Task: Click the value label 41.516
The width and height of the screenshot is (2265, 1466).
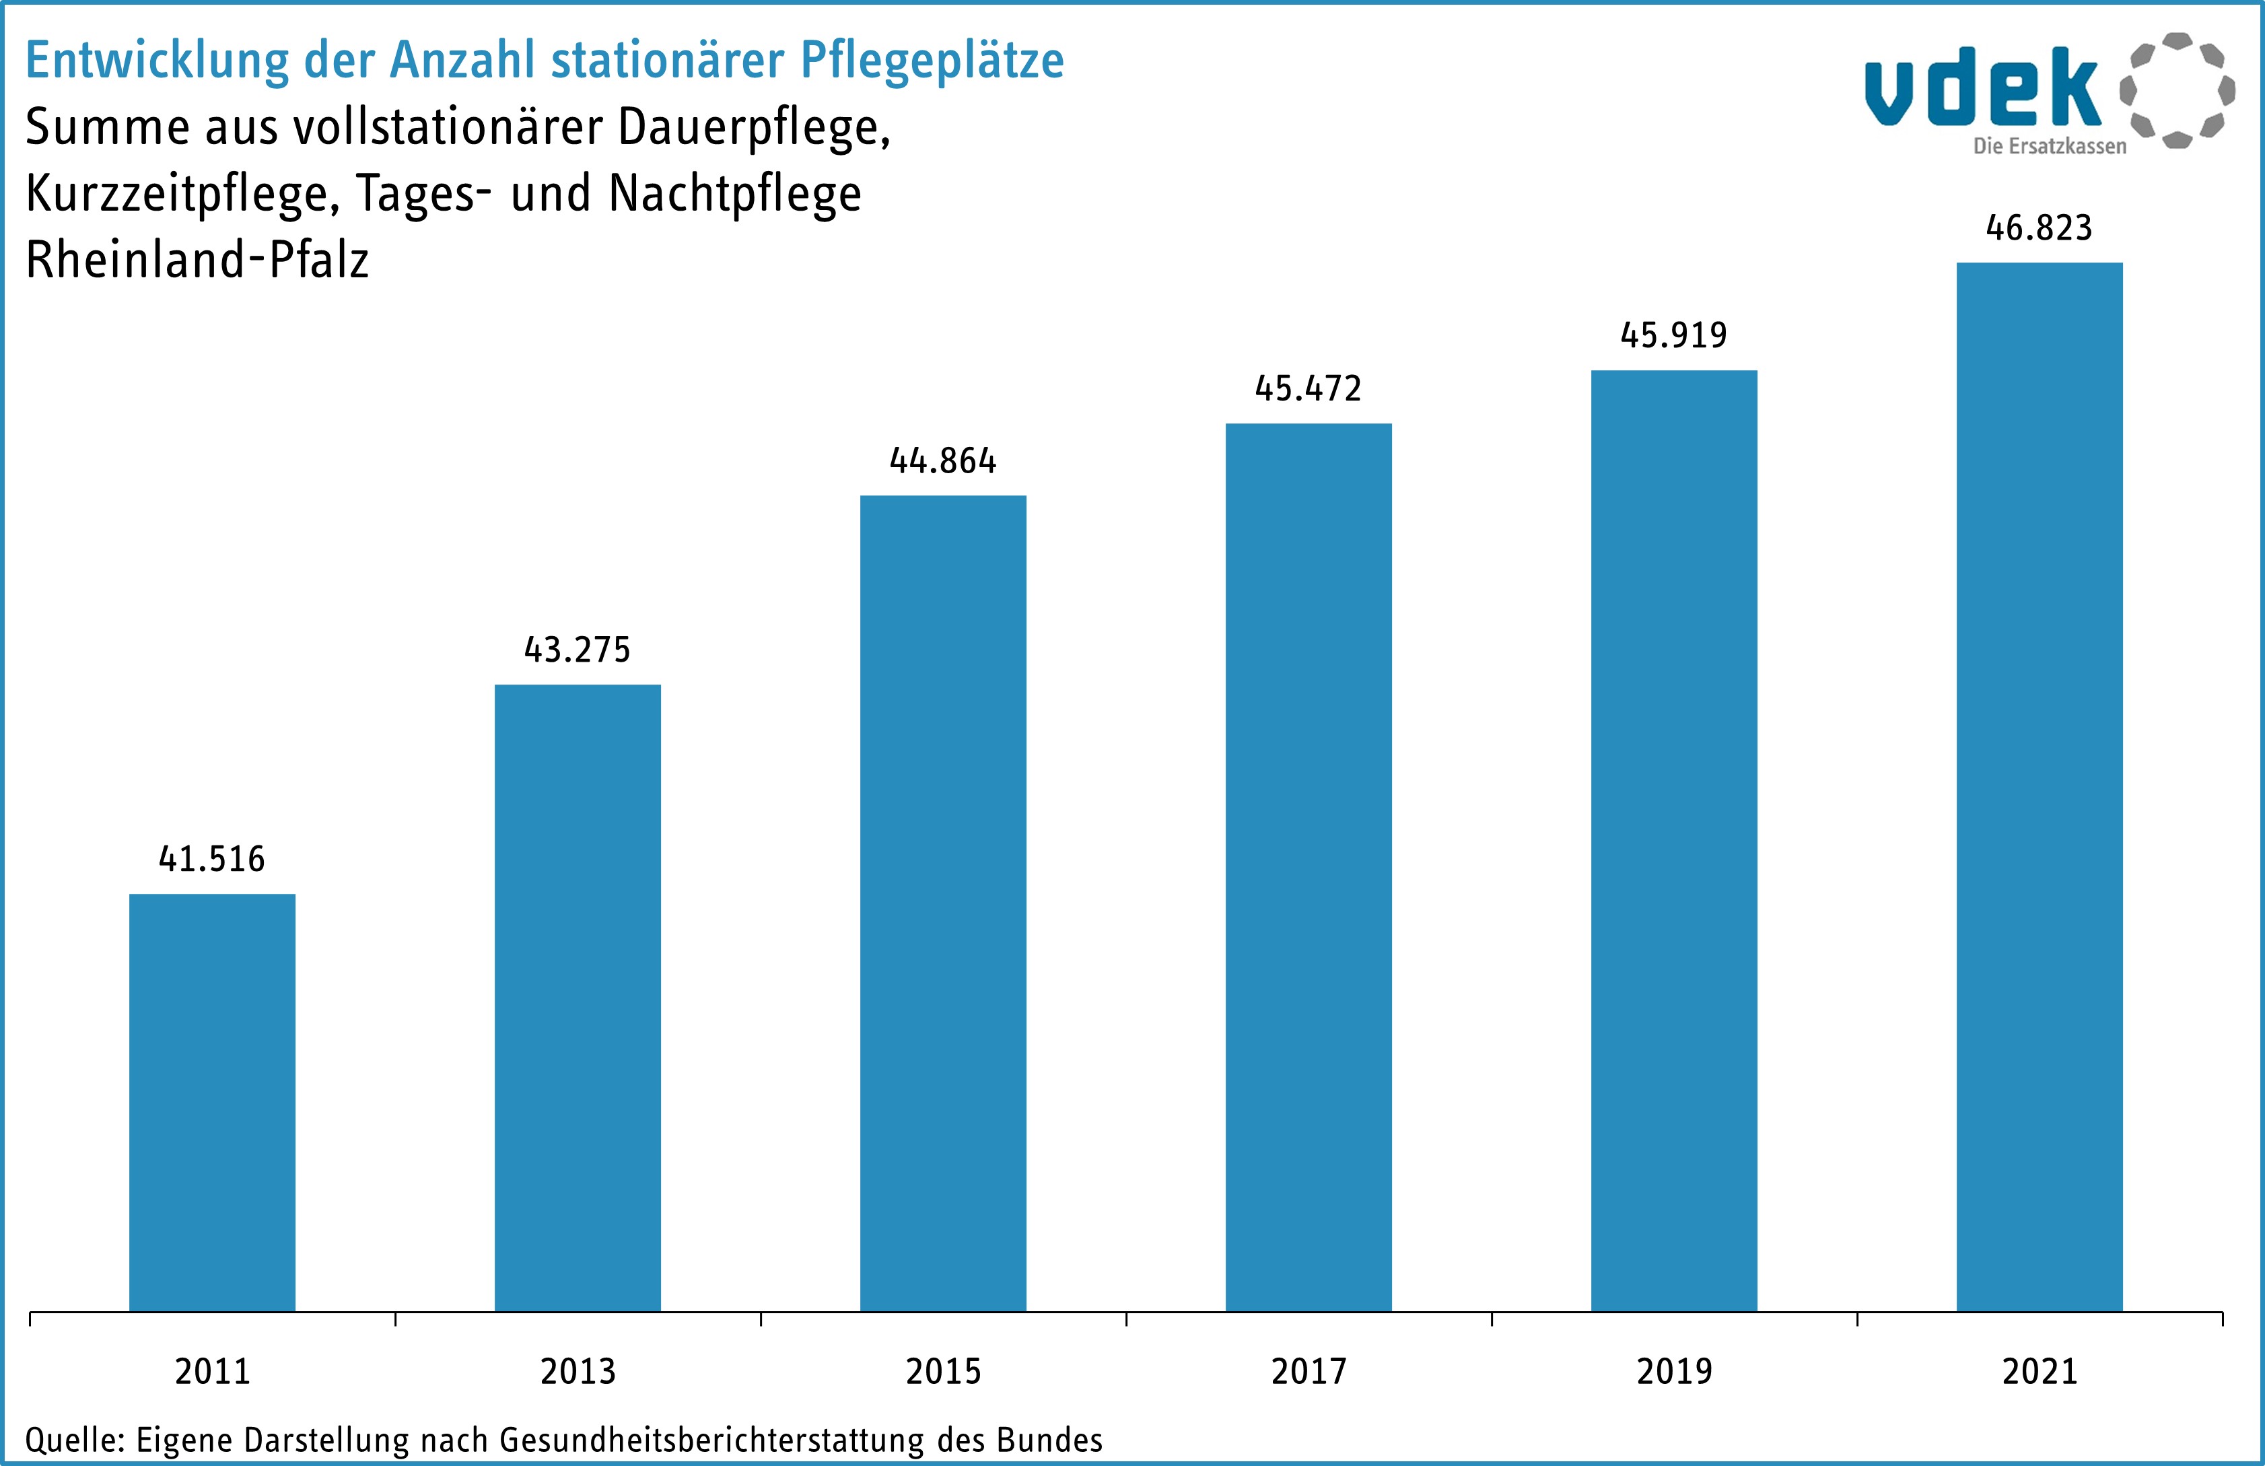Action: (212, 860)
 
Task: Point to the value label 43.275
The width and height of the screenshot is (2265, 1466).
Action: (578, 650)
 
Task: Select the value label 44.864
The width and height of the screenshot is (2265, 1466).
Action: (943, 462)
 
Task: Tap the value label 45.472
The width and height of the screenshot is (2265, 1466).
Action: (1309, 388)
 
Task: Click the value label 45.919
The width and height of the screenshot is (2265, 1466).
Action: (1674, 335)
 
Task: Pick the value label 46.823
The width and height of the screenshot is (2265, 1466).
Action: (2040, 228)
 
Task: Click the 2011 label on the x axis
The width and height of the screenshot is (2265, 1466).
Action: (212, 1372)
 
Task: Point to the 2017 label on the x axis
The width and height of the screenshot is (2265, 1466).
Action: (1309, 1372)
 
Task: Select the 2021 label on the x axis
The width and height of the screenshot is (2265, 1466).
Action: (2040, 1372)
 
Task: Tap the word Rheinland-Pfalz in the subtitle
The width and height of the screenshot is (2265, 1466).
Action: (197, 260)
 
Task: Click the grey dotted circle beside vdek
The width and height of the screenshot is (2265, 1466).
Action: (2177, 90)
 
